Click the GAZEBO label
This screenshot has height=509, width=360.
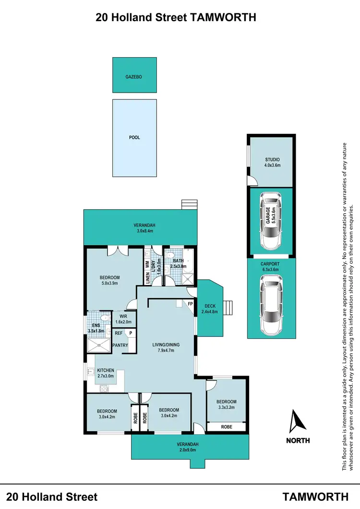[x=134, y=77]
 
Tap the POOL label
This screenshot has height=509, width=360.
[x=134, y=137]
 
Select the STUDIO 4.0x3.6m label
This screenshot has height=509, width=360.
[x=272, y=162]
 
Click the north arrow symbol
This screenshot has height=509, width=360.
[x=298, y=421]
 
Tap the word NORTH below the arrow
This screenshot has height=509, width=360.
[x=298, y=440]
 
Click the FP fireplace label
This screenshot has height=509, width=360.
[x=191, y=304]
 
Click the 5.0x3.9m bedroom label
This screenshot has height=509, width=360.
[x=109, y=280]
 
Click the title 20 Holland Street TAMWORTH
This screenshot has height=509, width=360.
[x=176, y=17]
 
